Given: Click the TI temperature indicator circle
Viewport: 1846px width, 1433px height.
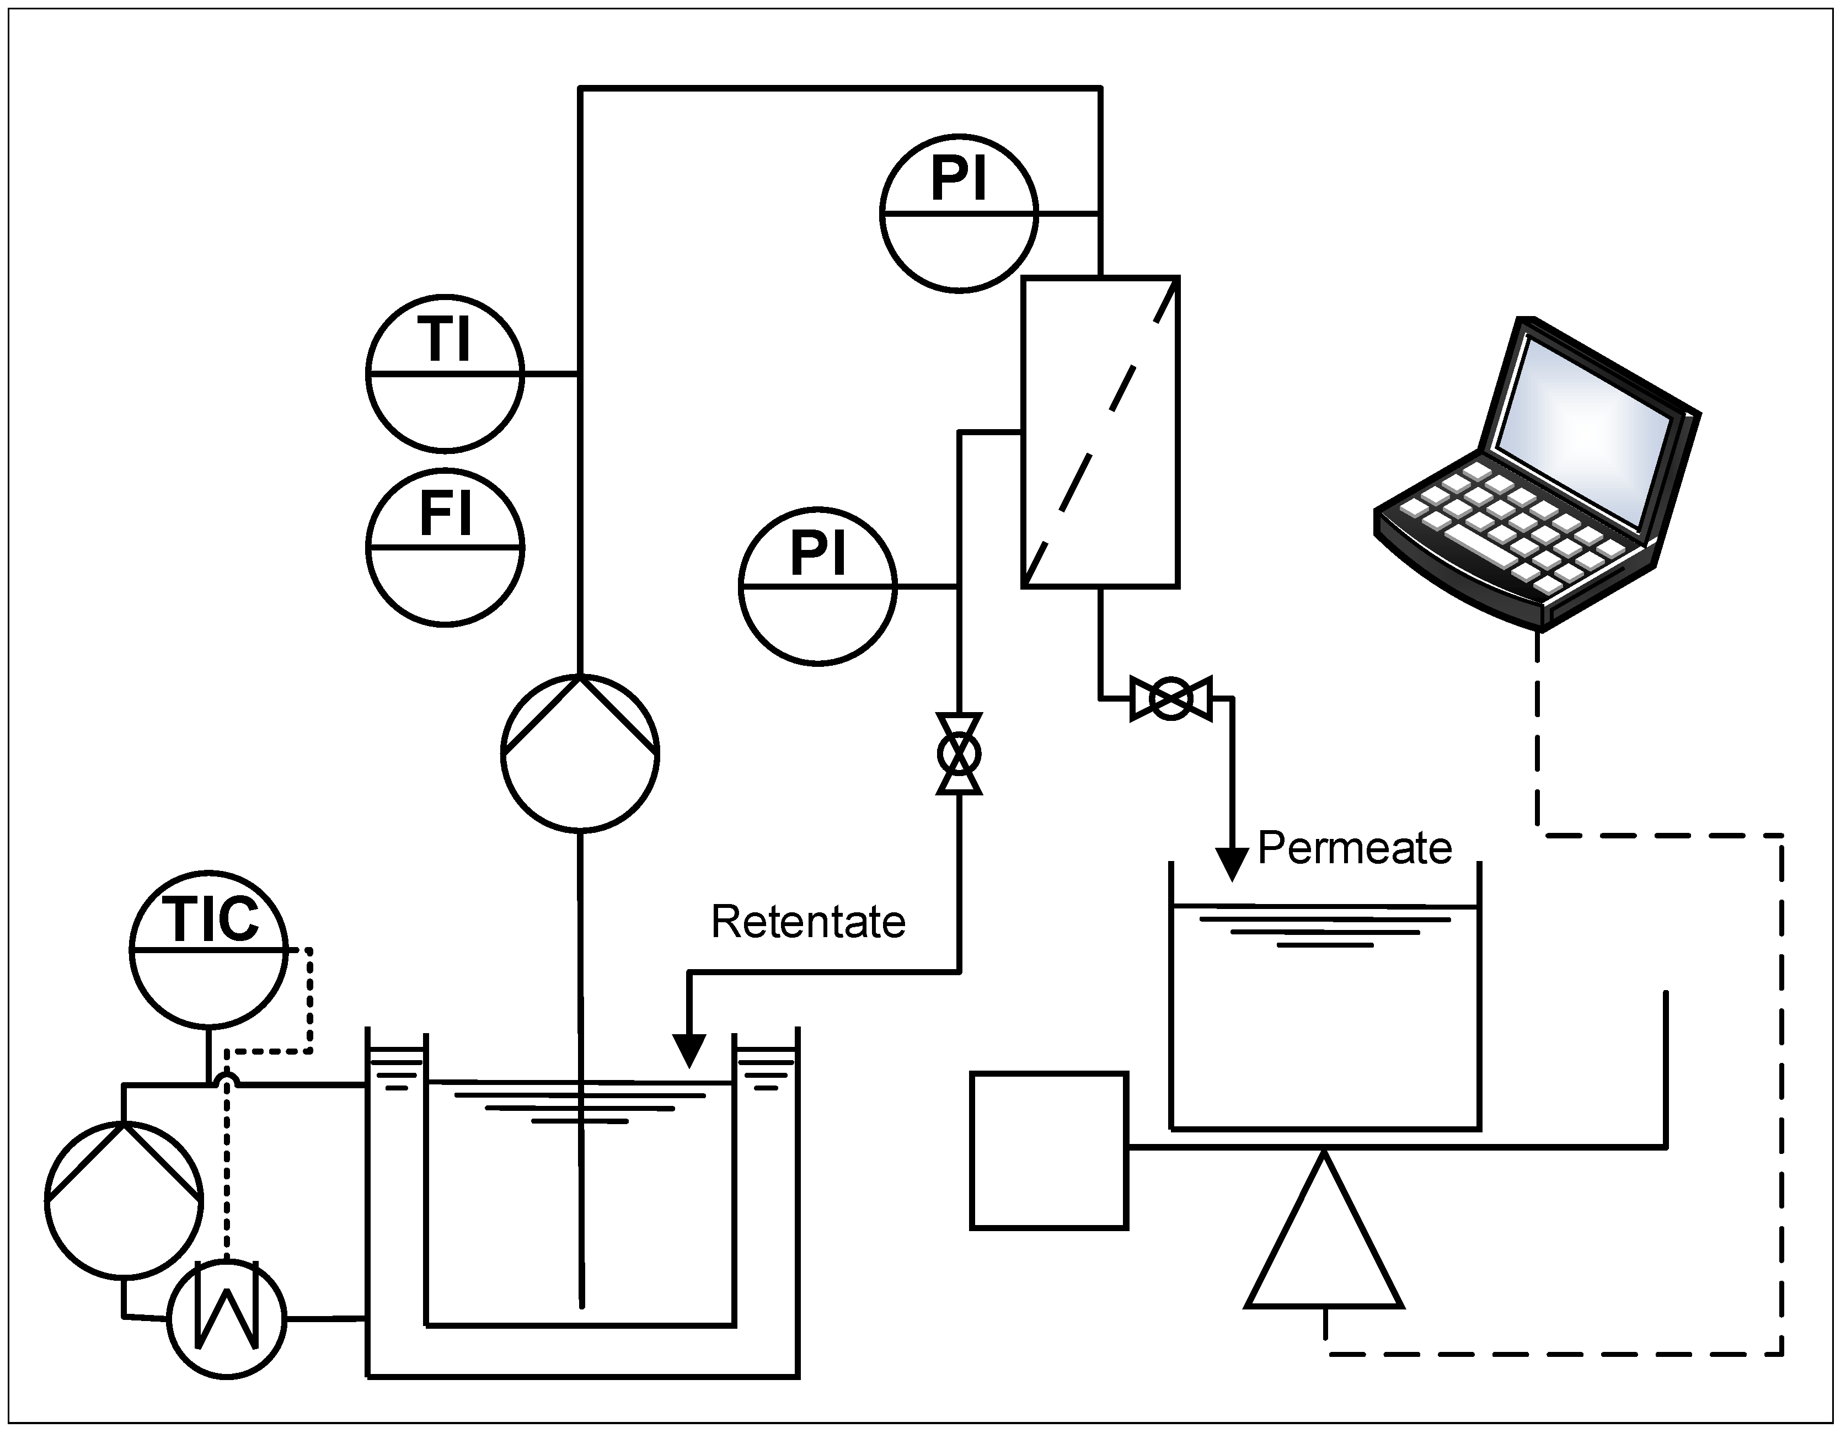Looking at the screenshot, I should click(446, 373).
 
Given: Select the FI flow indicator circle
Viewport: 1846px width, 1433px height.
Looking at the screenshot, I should click(446, 547).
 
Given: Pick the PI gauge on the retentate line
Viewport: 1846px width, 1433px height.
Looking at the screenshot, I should click(817, 586).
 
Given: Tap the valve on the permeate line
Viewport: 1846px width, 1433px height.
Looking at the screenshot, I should click(1171, 698).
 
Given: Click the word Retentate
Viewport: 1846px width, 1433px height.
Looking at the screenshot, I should click(808, 922).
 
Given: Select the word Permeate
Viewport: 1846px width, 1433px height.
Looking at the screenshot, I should click(1354, 848).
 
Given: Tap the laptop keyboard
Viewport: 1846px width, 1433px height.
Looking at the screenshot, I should click(1513, 524).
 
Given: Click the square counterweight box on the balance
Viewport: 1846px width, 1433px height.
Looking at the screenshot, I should click(1049, 1150).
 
